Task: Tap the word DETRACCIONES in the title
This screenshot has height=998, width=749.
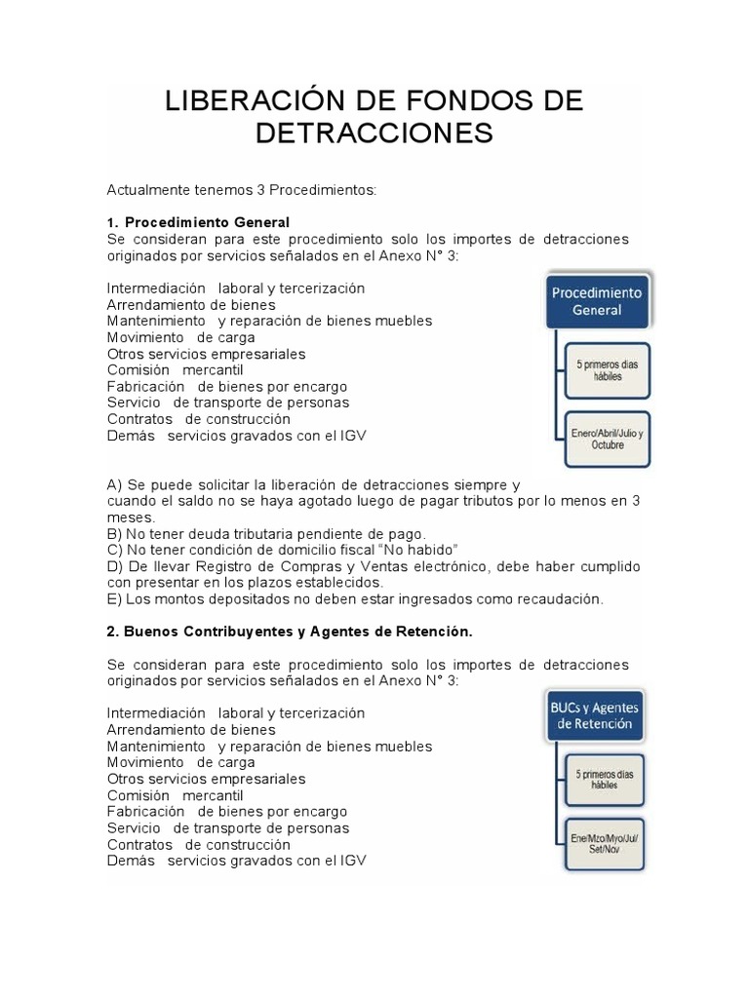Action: [x=374, y=134]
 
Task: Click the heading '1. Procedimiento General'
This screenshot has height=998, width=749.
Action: [x=198, y=222]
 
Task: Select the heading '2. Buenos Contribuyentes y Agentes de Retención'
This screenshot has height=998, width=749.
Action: [x=289, y=632]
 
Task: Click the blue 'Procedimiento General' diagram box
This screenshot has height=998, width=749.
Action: [x=597, y=301]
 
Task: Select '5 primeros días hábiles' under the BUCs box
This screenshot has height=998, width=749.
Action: [x=603, y=781]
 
